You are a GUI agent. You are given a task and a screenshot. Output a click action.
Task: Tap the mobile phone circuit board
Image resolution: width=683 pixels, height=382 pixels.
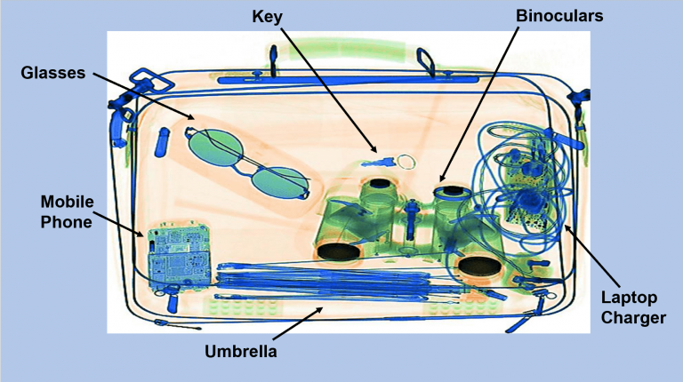tap(179, 257)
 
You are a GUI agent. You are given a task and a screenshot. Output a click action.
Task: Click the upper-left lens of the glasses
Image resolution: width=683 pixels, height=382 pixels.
tap(212, 141)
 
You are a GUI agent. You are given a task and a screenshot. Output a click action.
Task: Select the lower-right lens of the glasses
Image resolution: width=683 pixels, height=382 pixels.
tap(280, 182)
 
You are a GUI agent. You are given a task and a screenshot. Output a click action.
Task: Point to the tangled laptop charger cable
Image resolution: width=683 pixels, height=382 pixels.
tap(525, 178)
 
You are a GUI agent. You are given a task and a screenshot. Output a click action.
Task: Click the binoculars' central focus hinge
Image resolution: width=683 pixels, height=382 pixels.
tap(413, 220)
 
